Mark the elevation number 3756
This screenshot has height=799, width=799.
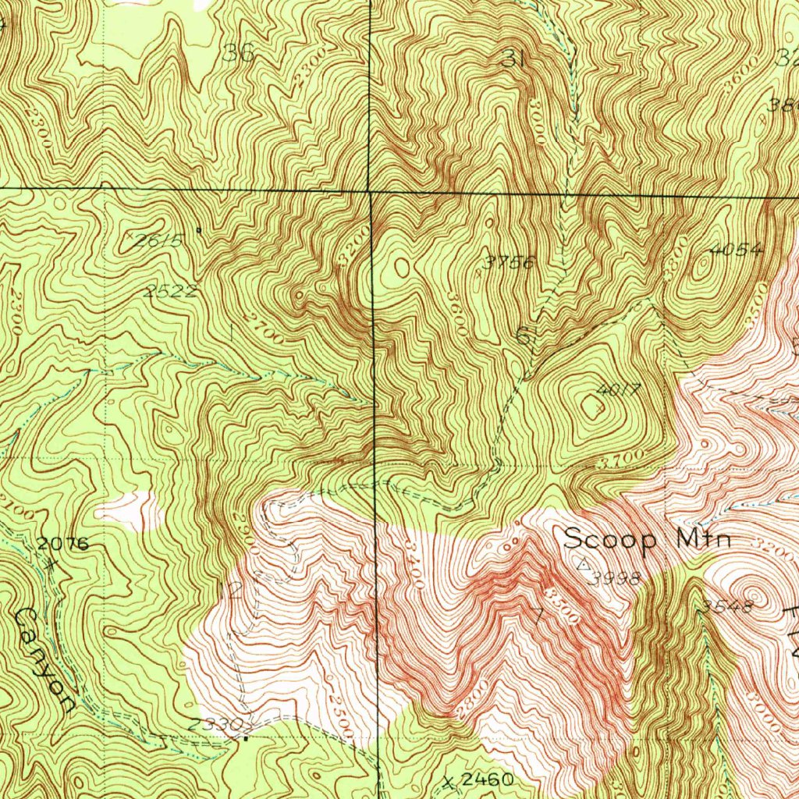coord(508,262)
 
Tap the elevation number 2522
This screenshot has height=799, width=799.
coord(170,291)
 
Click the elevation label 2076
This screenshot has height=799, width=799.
coord(62,543)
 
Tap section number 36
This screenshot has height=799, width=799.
coord(238,53)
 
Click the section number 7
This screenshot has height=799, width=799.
coord(537,614)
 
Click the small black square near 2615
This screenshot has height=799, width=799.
coord(198,230)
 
